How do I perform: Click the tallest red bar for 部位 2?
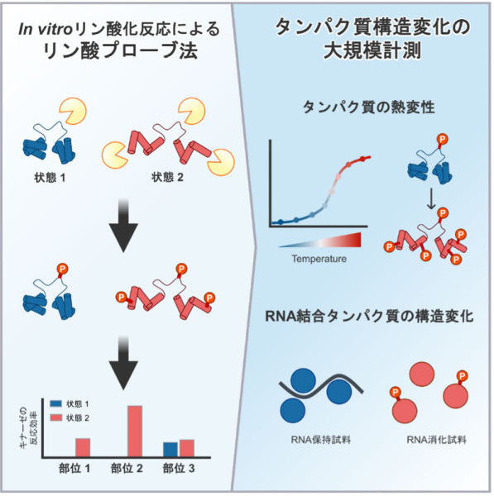(135, 432)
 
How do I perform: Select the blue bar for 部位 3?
(170, 450)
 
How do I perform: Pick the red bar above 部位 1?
(83, 447)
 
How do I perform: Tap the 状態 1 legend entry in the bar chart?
(70, 404)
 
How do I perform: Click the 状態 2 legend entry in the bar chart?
(70, 417)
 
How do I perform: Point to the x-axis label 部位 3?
(179, 469)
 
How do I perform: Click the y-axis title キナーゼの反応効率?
(29, 424)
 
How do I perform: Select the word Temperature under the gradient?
(319, 259)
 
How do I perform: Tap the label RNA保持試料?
(321, 440)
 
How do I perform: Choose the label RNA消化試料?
(436, 440)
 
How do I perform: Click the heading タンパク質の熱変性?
(369, 107)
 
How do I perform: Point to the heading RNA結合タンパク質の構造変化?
(369, 317)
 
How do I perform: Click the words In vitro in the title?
(45, 30)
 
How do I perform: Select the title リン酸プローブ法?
(120, 51)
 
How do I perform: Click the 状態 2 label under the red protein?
(167, 177)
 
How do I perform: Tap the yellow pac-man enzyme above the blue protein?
(74, 112)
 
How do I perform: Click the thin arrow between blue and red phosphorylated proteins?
(431, 199)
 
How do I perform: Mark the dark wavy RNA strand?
(321, 387)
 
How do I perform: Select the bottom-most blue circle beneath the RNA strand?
(293, 410)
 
